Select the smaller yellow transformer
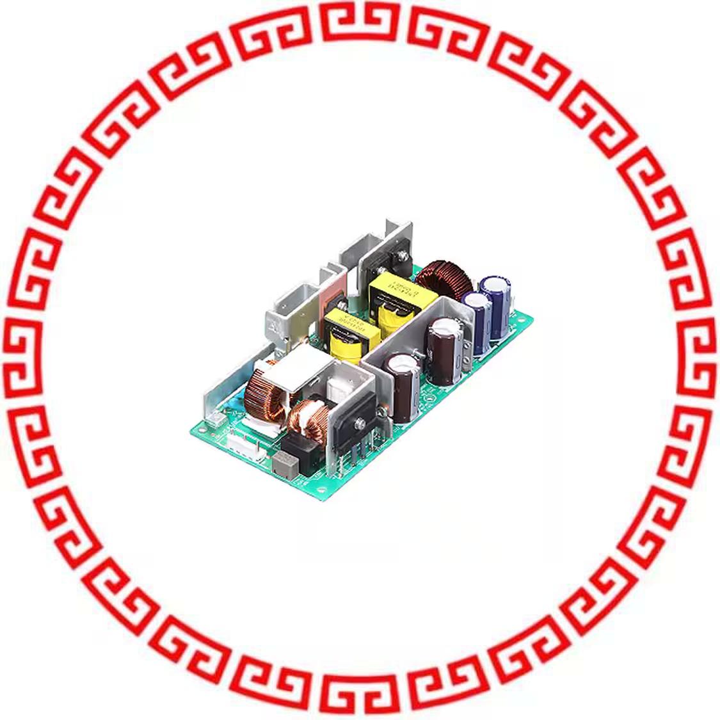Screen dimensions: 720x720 tap(346, 331)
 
